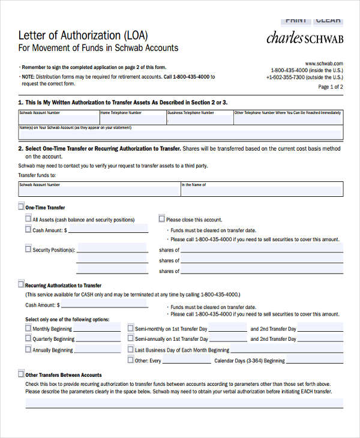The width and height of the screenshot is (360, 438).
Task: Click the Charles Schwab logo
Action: [x=304, y=37]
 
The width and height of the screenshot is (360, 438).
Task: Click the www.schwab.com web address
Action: [x=323, y=63]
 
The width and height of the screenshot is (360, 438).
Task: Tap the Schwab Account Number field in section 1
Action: [x=58, y=118]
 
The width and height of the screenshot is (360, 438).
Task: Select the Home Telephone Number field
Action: [x=132, y=118]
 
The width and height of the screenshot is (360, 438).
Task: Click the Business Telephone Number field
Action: [x=199, y=118]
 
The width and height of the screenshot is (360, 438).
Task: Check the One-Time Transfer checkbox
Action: [x=21, y=206]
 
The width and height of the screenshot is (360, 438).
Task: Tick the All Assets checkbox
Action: [x=28, y=219]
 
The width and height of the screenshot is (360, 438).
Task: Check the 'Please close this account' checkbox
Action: [x=161, y=219]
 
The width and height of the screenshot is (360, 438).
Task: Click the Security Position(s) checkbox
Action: [x=28, y=248]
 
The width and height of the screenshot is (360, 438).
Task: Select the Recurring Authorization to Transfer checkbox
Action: [x=21, y=284]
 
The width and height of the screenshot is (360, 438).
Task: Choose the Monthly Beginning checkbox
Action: [x=28, y=328]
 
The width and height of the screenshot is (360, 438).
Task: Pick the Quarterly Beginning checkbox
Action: [x=28, y=338]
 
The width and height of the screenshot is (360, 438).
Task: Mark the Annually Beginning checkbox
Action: [x=28, y=349]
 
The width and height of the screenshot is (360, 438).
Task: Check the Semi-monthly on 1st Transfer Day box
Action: [x=131, y=328]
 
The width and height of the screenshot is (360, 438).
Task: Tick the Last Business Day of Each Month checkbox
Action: [x=131, y=349]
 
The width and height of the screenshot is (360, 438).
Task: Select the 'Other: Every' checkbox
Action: [x=131, y=360]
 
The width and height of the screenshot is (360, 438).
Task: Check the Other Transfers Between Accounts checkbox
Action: [x=21, y=374]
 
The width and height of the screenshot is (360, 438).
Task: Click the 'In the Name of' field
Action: [x=262, y=190]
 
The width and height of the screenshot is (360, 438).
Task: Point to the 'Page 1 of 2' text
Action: [x=331, y=86]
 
